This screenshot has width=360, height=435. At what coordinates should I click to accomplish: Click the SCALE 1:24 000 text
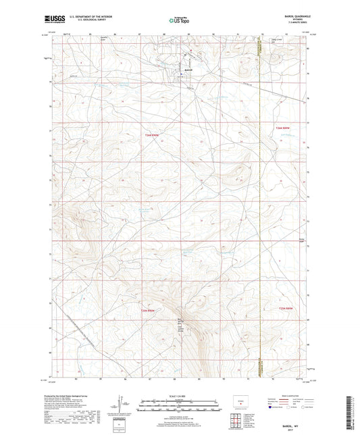(179, 396)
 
